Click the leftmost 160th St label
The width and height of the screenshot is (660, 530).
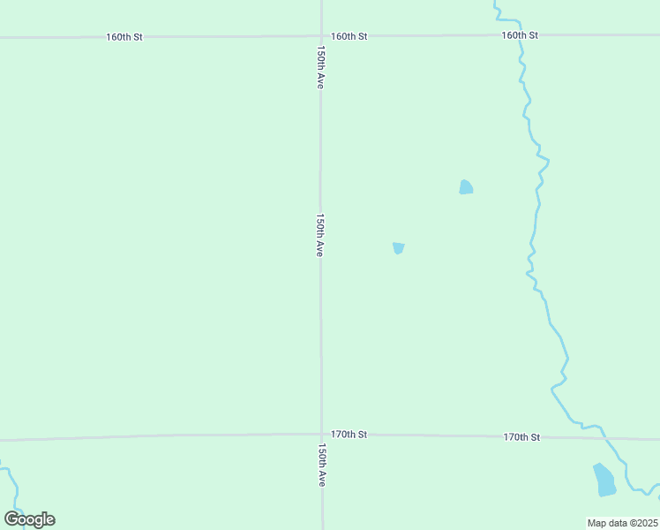(x=124, y=37)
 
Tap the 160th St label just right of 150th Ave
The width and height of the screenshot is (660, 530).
(x=349, y=36)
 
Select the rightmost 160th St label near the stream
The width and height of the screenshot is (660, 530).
(x=519, y=35)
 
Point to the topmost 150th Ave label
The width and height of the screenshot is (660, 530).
(x=321, y=67)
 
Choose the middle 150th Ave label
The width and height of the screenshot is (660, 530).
(x=321, y=234)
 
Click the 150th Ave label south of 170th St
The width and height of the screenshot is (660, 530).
(x=322, y=465)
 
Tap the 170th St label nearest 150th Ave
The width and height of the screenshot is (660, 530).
(x=349, y=435)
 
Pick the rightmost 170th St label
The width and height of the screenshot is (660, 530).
(x=521, y=437)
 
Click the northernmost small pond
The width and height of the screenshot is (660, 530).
(x=466, y=187)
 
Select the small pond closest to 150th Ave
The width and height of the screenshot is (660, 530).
(x=399, y=248)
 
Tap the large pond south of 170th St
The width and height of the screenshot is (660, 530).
(x=604, y=480)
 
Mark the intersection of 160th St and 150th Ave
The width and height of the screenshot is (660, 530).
(x=321, y=36)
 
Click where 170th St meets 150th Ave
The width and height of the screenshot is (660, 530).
(x=321, y=435)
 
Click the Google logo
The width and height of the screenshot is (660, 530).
(x=29, y=519)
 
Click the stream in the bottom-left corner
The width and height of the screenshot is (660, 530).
(x=12, y=481)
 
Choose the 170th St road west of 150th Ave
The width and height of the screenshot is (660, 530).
(x=159, y=436)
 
